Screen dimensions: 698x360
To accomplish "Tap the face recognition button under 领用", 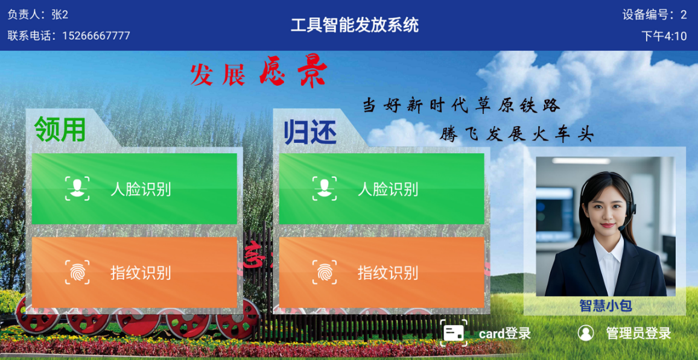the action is [x=134, y=189].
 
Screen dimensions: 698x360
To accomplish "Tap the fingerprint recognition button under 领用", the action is [x=134, y=273].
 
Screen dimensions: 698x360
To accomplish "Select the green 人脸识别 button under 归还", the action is [x=381, y=189].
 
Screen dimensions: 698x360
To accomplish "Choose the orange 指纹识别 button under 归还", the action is [x=381, y=273].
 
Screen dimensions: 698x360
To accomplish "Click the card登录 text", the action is [x=505, y=333].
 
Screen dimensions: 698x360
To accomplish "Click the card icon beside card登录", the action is [x=454, y=333].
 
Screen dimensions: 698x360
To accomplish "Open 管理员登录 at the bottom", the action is [x=638, y=333].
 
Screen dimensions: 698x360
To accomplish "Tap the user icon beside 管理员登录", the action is [x=585, y=333].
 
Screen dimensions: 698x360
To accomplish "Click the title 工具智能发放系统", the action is [x=355, y=25].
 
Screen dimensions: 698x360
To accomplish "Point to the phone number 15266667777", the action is [x=96, y=36].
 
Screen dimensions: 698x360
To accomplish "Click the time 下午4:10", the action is [x=664, y=36].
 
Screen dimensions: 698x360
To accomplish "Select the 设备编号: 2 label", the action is [x=655, y=14].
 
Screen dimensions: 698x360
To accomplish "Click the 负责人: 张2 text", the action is [x=38, y=14].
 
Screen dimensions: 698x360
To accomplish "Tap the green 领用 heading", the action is [x=60, y=129].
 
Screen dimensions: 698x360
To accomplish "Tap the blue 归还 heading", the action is [x=310, y=132].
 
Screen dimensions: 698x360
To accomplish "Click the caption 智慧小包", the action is [x=606, y=305].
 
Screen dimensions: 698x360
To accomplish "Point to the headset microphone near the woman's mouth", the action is [x=621, y=229].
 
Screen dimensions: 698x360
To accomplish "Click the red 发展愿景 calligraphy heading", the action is [x=258, y=74].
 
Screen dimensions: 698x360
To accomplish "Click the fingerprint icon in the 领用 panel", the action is [x=77, y=272].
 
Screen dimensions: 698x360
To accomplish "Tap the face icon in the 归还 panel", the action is [x=324, y=188].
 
